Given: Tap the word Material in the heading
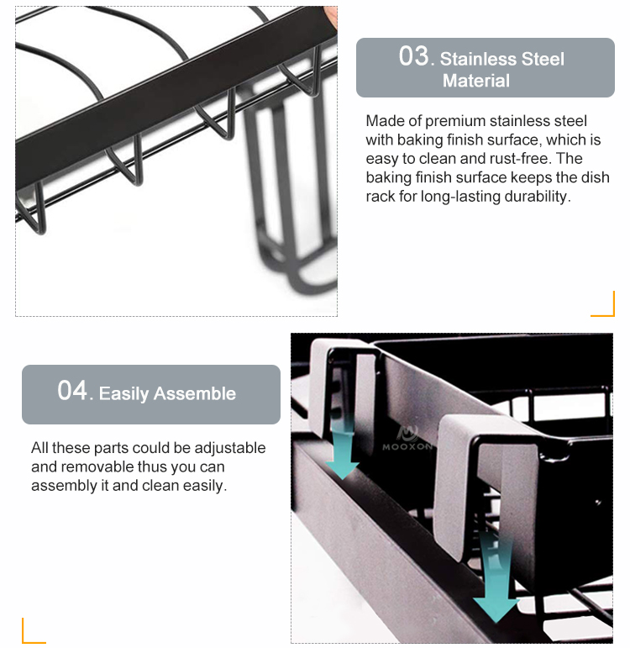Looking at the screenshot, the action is (x=476, y=81).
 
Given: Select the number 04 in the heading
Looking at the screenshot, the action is (x=72, y=391).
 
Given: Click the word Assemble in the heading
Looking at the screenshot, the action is (x=195, y=393).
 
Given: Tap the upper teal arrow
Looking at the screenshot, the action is (x=343, y=450).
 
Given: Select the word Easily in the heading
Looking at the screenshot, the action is (x=123, y=394).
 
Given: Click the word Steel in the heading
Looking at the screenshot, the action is (x=543, y=59).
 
